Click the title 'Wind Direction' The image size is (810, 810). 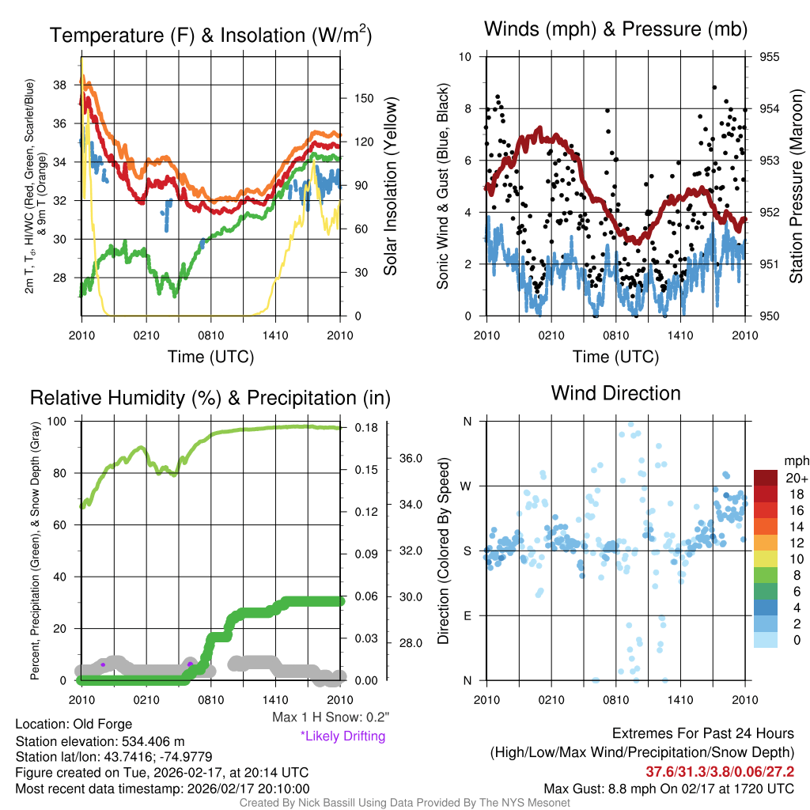pos(615,393)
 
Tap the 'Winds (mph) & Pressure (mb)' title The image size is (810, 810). pos(615,29)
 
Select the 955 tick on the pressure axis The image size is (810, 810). pos(770,57)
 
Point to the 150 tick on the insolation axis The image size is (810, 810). pos(363,99)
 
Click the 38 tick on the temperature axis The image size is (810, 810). pos(68,85)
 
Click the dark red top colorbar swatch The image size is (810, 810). pos(765,478)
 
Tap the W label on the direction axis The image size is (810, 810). pos(467,486)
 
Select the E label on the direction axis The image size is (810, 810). pos(467,615)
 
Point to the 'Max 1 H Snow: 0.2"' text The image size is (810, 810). pos(331,717)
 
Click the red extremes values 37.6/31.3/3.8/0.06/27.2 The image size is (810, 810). pos(720,771)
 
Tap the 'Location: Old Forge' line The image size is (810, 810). pos(74,724)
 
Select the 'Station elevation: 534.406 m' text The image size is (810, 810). pos(100,741)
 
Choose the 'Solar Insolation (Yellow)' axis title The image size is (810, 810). pos(391,186)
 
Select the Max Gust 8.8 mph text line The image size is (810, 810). pos(669,789)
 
